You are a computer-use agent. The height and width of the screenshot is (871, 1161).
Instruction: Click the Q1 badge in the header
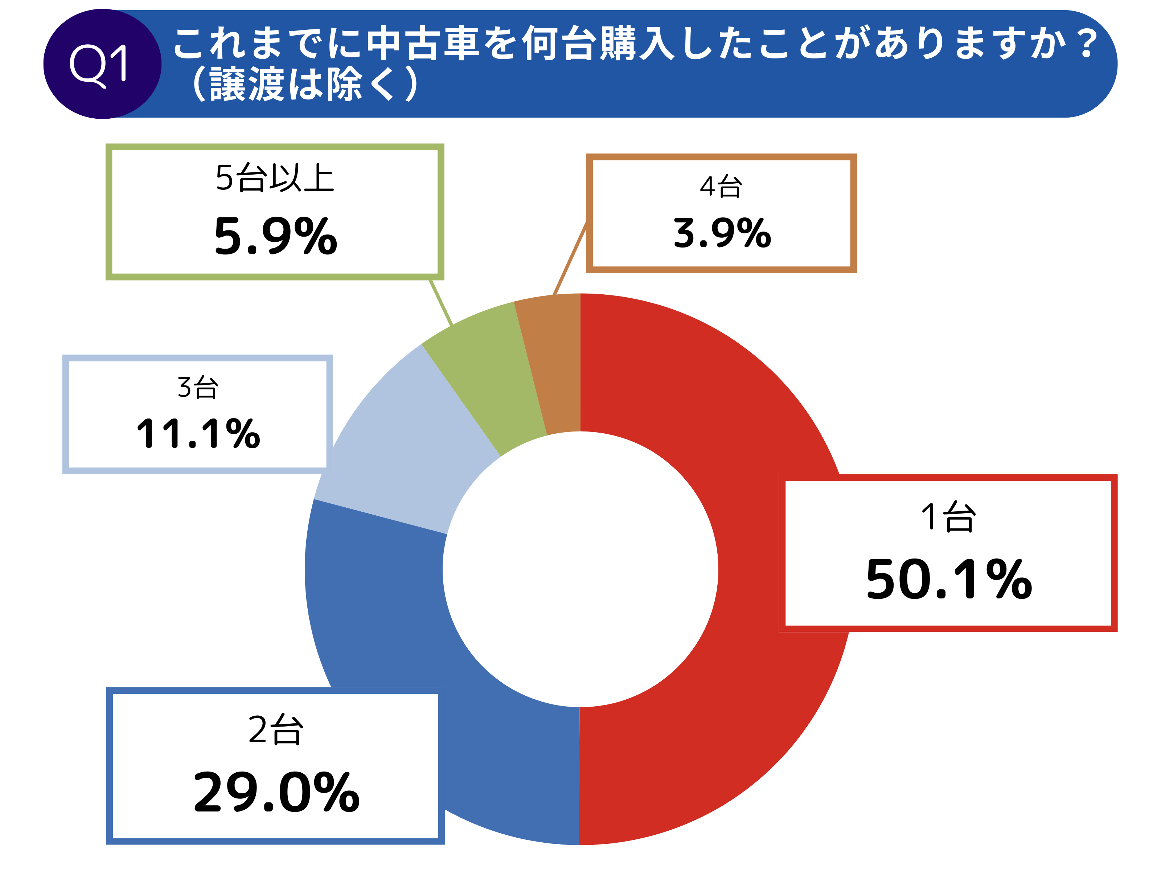[102, 64]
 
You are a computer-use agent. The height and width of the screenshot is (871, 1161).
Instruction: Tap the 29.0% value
[276, 793]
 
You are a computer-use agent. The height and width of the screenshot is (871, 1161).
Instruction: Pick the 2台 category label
[275, 730]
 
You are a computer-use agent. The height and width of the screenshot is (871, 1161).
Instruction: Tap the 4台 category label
[721, 187]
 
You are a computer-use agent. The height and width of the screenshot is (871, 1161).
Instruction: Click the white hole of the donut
[580, 570]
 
